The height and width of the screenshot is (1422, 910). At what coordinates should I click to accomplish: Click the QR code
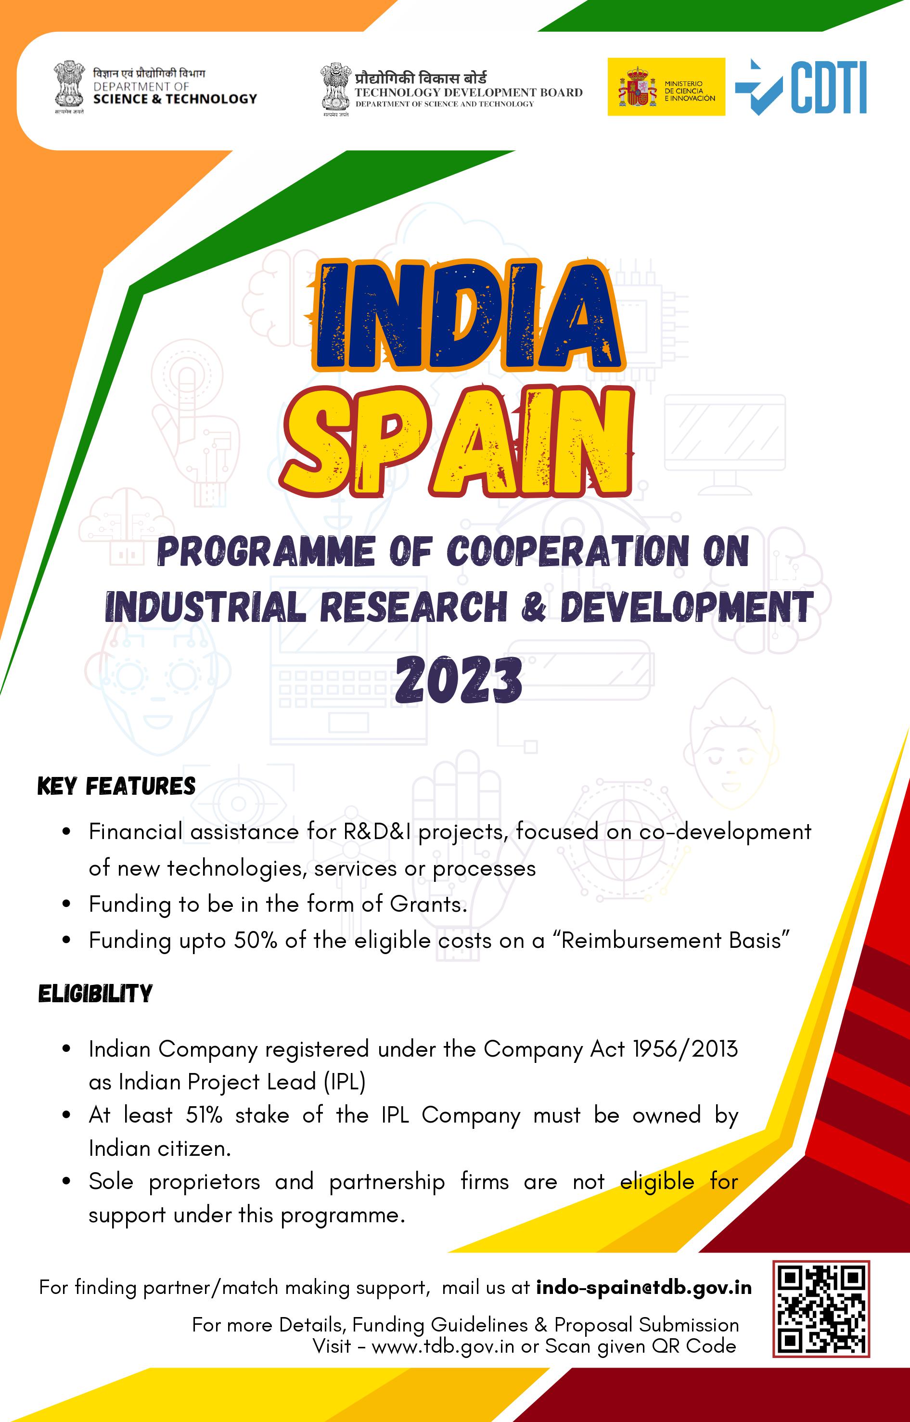pyautogui.click(x=821, y=1308)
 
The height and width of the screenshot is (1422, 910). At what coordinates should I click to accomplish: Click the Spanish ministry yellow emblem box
pyautogui.click(x=666, y=87)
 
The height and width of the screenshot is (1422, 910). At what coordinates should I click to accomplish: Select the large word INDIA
pyautogui.click(x=467, y=317)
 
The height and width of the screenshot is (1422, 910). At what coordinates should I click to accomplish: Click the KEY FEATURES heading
pyautogui.click(x=116, y=786)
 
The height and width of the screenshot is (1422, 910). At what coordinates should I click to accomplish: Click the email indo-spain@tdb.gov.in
pyautogui.click(x=644, y=1287)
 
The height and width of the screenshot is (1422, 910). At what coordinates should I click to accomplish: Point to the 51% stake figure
pyautogui.click(x=204, y=1115)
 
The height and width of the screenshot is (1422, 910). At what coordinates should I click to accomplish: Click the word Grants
pyautogui.click(x=428, y=904)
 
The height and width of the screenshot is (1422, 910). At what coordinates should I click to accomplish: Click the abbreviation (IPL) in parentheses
pyautogui.click(x=345, y=1082)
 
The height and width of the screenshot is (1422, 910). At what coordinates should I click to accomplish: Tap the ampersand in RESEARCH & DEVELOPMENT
pyautogui.click(x=534, y=607)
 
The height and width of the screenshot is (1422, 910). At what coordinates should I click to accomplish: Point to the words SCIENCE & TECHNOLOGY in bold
pyautogui.click(x=175, y=99)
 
